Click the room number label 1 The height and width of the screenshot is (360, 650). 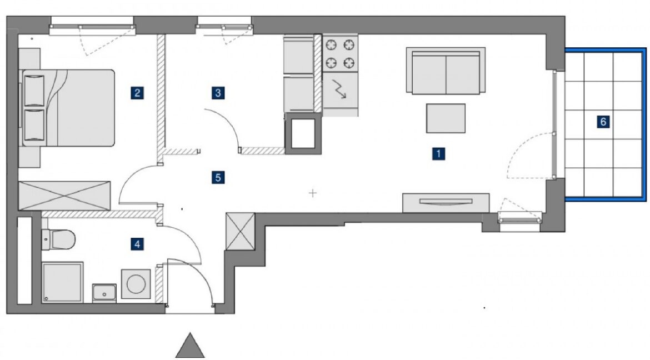[438, 154]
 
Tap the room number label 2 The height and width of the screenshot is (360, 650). [137, 92]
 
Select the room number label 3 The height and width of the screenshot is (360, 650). [218, 92]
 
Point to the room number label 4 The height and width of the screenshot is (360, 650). [137, 244]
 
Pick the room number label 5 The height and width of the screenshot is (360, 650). [218, 178]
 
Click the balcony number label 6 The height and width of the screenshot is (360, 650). [603, 122]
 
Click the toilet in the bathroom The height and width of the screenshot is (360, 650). [58, 239]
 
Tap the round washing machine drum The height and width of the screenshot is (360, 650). [136, 284]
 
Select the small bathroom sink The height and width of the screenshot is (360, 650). [104, 293]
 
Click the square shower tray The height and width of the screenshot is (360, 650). [62, 282]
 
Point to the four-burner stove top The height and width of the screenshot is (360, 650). [341, 53]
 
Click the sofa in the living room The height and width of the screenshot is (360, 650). [446, 71]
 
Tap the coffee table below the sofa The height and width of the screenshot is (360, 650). [446, 118]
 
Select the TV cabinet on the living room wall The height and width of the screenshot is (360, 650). [446, 203]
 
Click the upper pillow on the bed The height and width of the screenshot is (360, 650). [34, 91]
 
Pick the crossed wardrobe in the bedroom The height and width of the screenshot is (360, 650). [64, 196]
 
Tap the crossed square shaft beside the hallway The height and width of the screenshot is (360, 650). [240, 232]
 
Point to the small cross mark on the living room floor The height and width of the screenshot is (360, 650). [313, 193]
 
